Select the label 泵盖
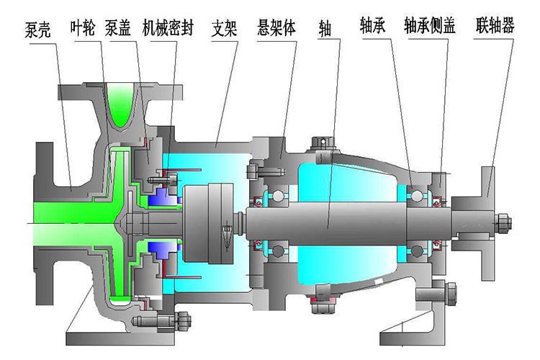coord(118,28)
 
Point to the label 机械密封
coord(168,28)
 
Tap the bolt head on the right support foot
coord(451,294)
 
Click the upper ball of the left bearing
coord(276,197)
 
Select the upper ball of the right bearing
coord(416,195)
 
